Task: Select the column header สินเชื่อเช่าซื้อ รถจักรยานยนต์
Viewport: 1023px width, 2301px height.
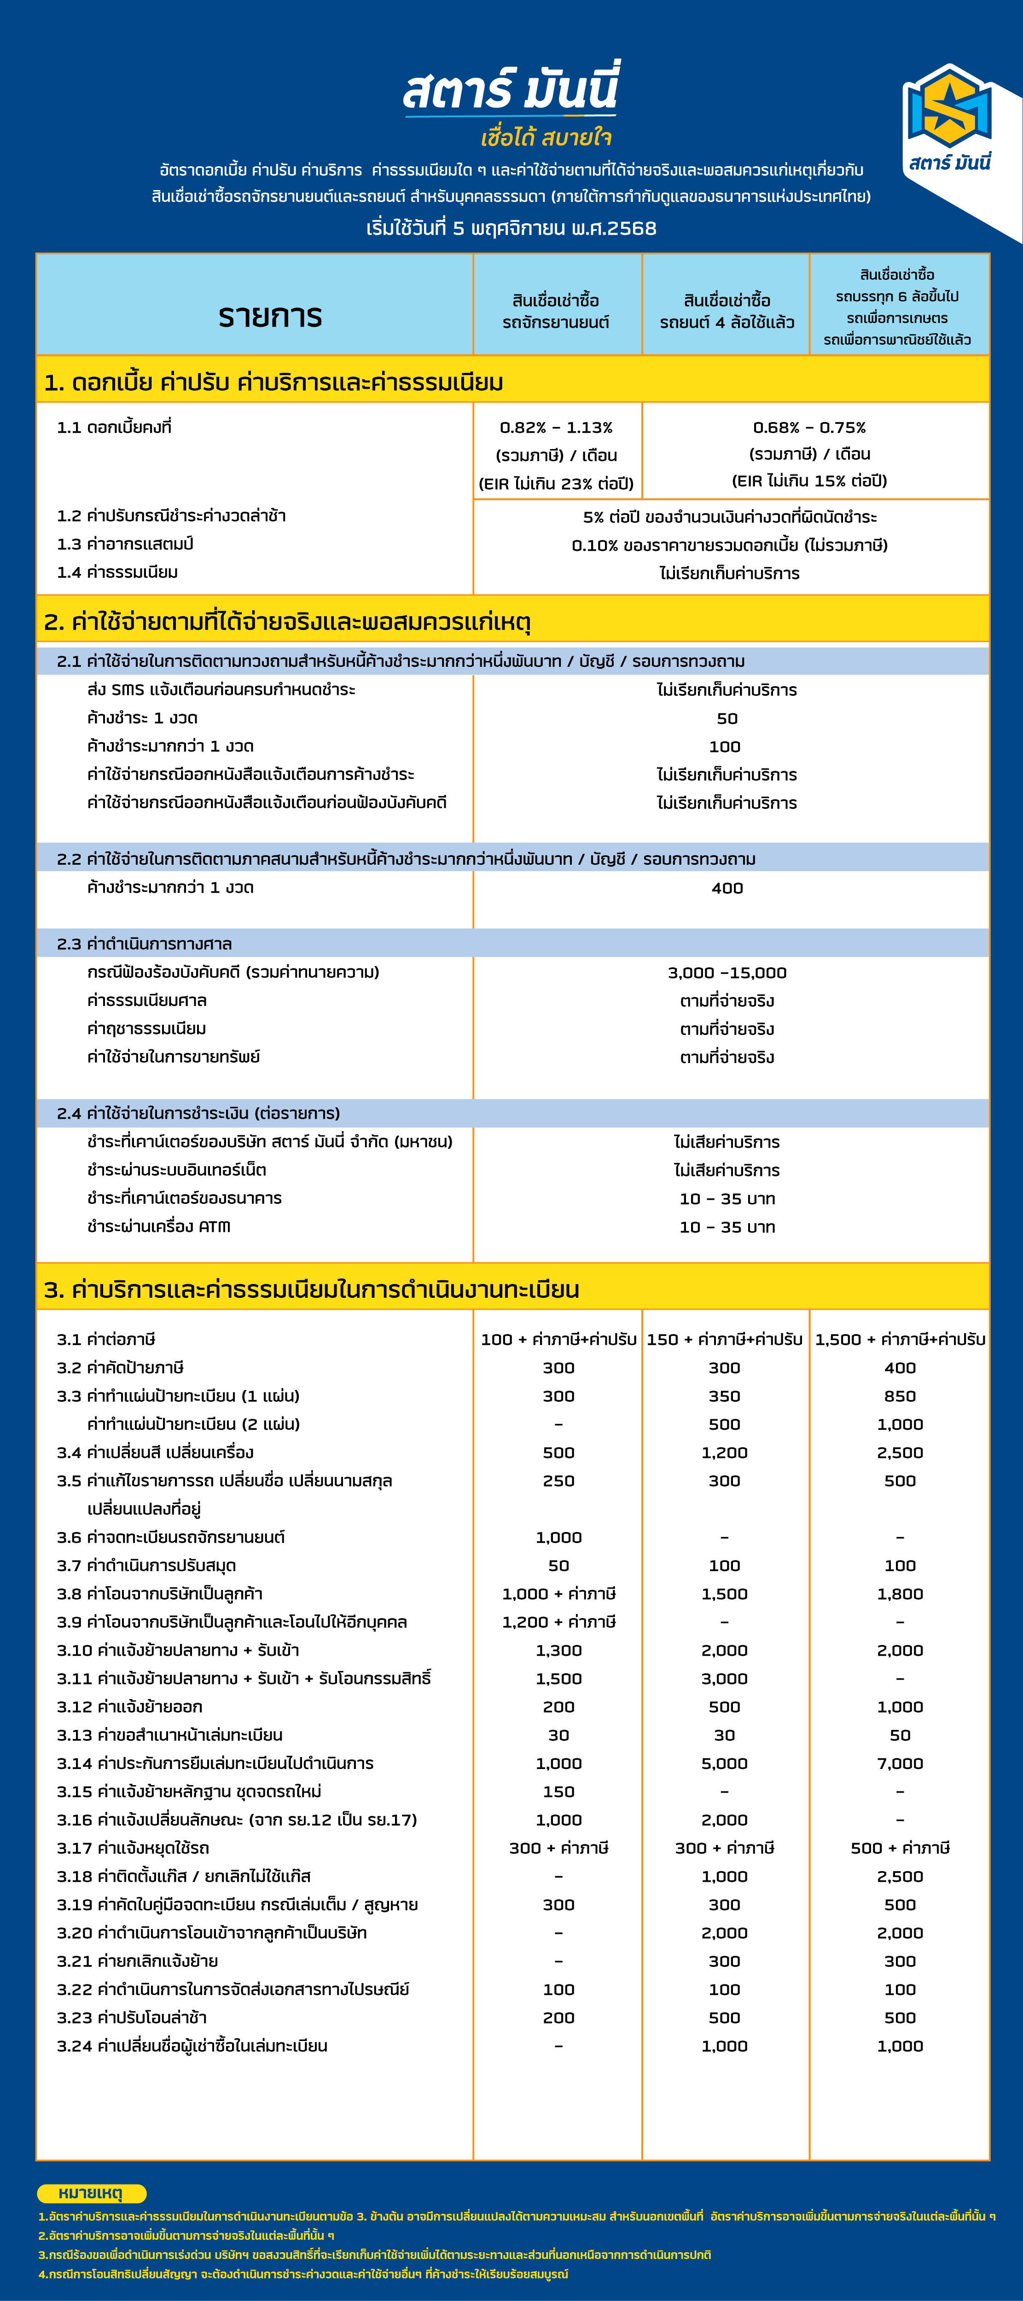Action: [x=556, y=311]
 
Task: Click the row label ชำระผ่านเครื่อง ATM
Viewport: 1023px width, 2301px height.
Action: [x=159, y=1226]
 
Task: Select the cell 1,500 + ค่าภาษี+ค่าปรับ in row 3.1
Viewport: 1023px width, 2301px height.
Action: [x=900, y=1339]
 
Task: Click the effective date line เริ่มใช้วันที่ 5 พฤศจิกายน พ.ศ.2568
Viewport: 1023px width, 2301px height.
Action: [x=511, y=228]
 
